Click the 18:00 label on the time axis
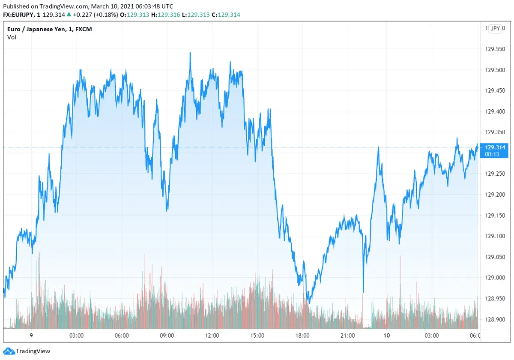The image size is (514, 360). pos(302,336)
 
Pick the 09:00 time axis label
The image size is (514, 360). pos(167,336)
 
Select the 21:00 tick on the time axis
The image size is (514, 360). pos(347,336)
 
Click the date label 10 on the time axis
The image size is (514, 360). pos(387,336)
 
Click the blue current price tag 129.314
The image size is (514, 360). pos(495,147)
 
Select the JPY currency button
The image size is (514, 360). pos(495,29)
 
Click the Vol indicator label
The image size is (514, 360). pos(12,37)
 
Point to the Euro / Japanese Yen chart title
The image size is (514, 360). pos(50,29)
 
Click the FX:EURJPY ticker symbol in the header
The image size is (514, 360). pos(19,15)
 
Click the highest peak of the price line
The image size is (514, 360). pos(190,53)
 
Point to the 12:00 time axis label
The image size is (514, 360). pos(212,336)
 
